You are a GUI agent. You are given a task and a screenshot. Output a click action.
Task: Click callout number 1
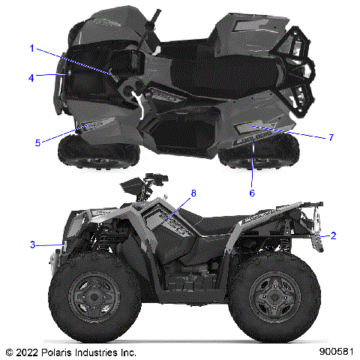[x=32, y=48]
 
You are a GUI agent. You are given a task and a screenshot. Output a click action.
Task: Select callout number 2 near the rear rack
[x=334, y=235]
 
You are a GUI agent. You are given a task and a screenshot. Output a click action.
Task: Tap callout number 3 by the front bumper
[x=32, y=244]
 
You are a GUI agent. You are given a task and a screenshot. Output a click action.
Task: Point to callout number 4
[x=32, y=76]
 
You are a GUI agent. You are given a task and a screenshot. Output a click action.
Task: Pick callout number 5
[x=37, y=142]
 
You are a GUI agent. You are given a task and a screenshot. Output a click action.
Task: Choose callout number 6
[x=252, y=193]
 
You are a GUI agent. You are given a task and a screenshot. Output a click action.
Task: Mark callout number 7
[x=331, y=137]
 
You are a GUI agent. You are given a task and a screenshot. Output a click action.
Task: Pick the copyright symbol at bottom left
[x=9, y=351]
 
